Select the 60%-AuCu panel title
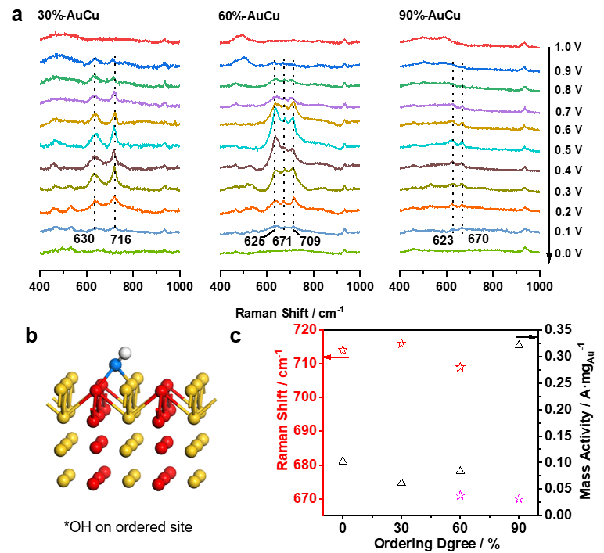click(250, 16)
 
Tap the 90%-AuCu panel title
click(428, 16)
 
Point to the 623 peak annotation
click(444, 242)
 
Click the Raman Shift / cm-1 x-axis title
click(290, 312)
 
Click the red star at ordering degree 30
click(401, 343)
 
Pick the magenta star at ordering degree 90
click(519, 499)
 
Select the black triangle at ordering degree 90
click(519, 344)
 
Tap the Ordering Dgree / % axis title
click(430, 543)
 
